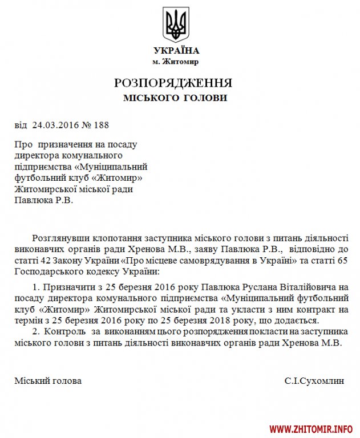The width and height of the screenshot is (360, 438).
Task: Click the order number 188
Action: point(101,124)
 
